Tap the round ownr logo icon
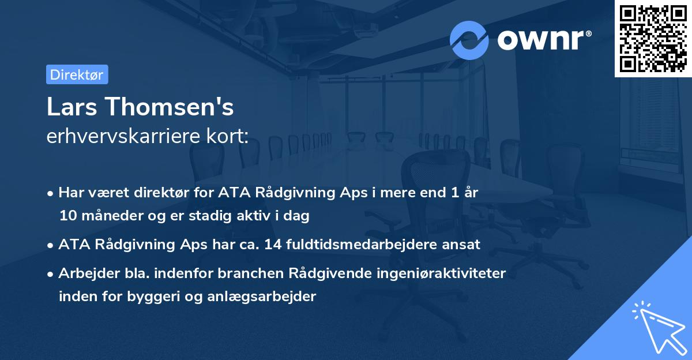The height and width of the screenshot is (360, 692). point(469,40)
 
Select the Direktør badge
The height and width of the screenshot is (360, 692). point(77,74)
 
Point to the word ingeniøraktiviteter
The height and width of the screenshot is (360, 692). point(442,273)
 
